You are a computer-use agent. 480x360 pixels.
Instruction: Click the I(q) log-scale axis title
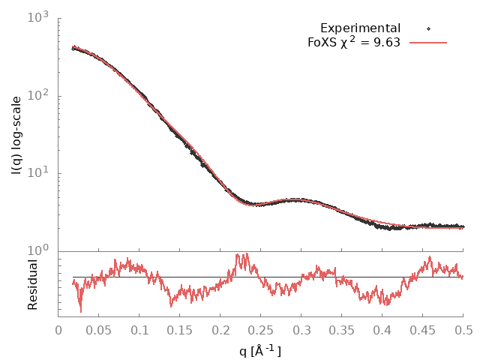coord(17,135)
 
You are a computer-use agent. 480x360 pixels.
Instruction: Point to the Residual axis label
coord(32,284)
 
